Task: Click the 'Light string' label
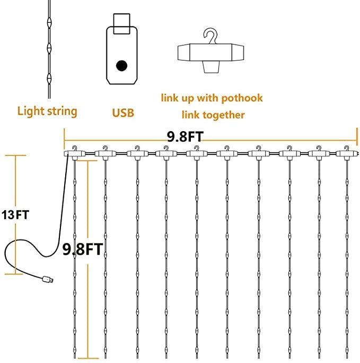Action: click(47, 111)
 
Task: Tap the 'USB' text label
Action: click(122, 113)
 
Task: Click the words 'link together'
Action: click(213, 115)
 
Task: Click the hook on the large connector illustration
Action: click(212, 37)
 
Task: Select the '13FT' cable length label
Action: click(15, 215)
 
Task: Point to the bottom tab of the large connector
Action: click(212, 67)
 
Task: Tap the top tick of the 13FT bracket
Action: click(16, 155)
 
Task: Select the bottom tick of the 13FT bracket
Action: click(16, 274)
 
